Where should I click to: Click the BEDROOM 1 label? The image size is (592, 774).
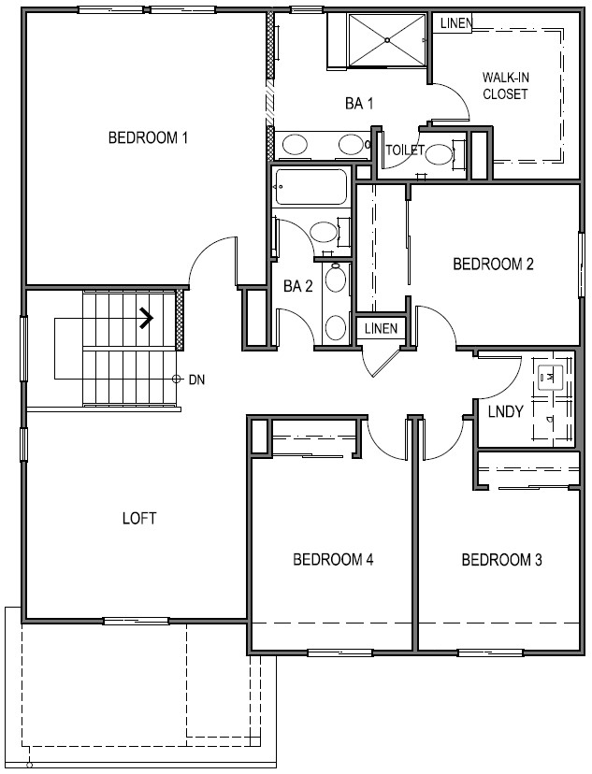point(148,137)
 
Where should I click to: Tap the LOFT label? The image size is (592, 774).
point(139,518)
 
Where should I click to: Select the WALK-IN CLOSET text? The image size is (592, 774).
point(505,85)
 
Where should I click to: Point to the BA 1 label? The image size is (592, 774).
point(359,104)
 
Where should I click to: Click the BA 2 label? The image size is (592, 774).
point(297,286)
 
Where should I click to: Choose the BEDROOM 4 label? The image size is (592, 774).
point(333,559)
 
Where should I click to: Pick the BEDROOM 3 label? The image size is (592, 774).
point(501,560)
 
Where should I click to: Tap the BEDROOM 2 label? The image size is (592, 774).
point(493,265)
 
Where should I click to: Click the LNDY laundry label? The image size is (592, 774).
point(506,411)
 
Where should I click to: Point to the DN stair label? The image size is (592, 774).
point(196,380)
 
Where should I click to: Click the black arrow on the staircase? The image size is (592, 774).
point(146,318)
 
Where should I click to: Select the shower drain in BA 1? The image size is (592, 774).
point(387,39)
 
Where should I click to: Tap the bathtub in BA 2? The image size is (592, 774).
point(310,187)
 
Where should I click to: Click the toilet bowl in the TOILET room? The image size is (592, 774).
point(439,154)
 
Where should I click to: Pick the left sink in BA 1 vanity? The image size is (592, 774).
point(295,145)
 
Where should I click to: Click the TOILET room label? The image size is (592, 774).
point(405,150)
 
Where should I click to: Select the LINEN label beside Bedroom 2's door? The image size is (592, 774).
point(381,328)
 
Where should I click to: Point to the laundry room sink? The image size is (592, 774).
point(551,378)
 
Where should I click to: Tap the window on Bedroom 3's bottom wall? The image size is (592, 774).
point(490,652)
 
